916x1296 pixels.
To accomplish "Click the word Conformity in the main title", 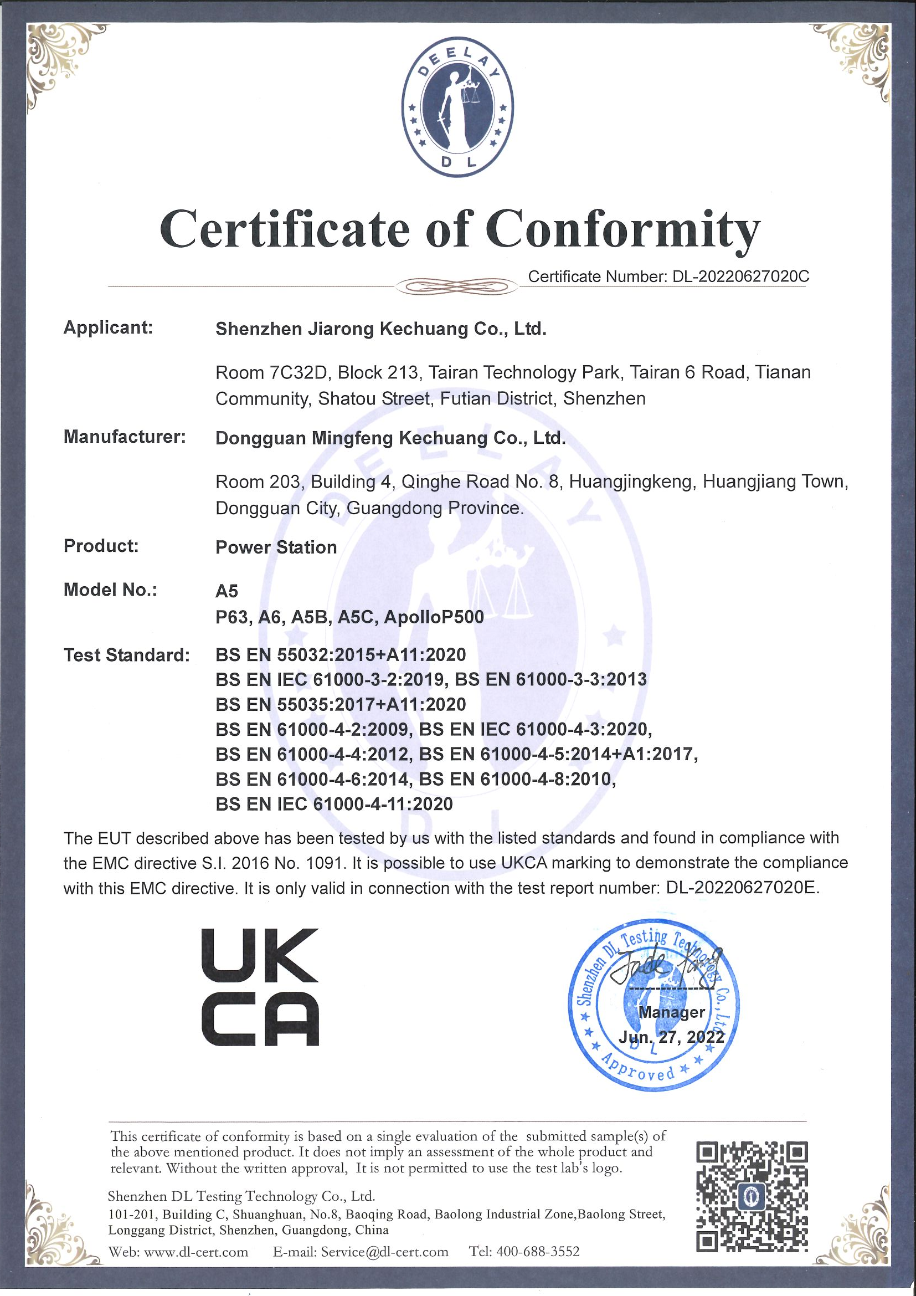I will (x=622, y=230).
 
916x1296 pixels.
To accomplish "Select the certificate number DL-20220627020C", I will (x=739, y=276).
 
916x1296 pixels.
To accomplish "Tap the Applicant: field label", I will (x=109, y=327).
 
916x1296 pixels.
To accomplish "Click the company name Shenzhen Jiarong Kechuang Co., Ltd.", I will (x=380, y=329).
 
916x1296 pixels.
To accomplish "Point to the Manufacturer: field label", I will (x=125, y=437).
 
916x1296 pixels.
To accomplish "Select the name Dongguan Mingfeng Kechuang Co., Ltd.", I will (x=390, y=438).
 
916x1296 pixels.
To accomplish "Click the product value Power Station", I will (x=276, y=547).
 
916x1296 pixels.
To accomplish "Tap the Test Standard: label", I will (x=126, y=655).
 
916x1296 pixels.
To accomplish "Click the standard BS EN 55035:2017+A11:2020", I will (x=341, y=704).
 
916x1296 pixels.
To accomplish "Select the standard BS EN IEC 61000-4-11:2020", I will (x=334, y=804).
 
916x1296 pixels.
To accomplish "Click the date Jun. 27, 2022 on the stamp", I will (x=671, y=1037).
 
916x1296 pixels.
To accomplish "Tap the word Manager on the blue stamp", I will (x=671, y=1012).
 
